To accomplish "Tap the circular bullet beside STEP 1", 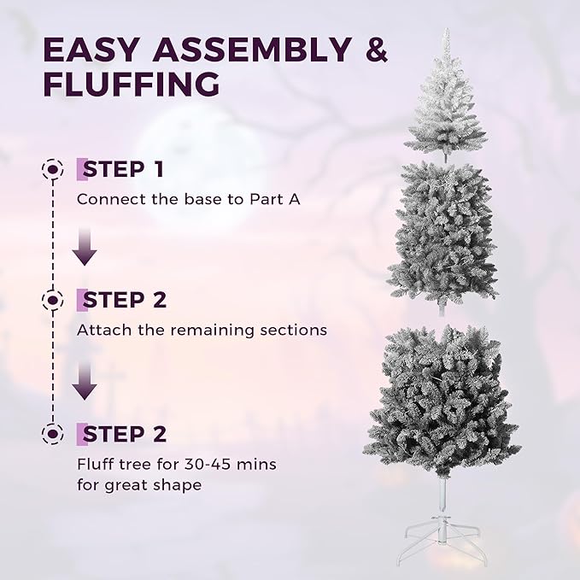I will click(54, 169).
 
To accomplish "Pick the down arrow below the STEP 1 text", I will click(84, 247).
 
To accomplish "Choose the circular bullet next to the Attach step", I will click(54, 300).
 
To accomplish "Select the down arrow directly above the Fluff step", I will click(84, 383).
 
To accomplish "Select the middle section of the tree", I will click(442, 231).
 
